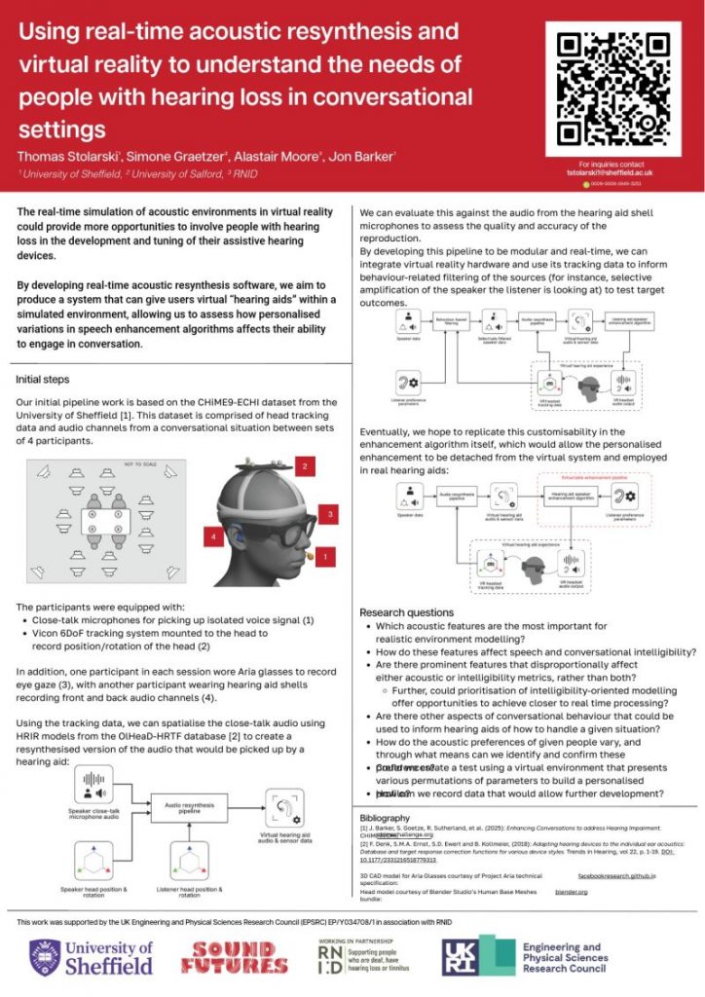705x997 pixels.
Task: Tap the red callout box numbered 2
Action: [305, 467]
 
